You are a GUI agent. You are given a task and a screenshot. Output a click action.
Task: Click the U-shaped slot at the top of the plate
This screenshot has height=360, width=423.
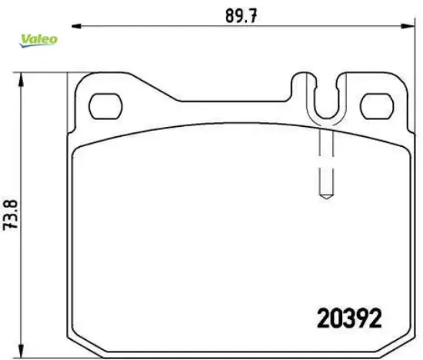pos(324,95)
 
